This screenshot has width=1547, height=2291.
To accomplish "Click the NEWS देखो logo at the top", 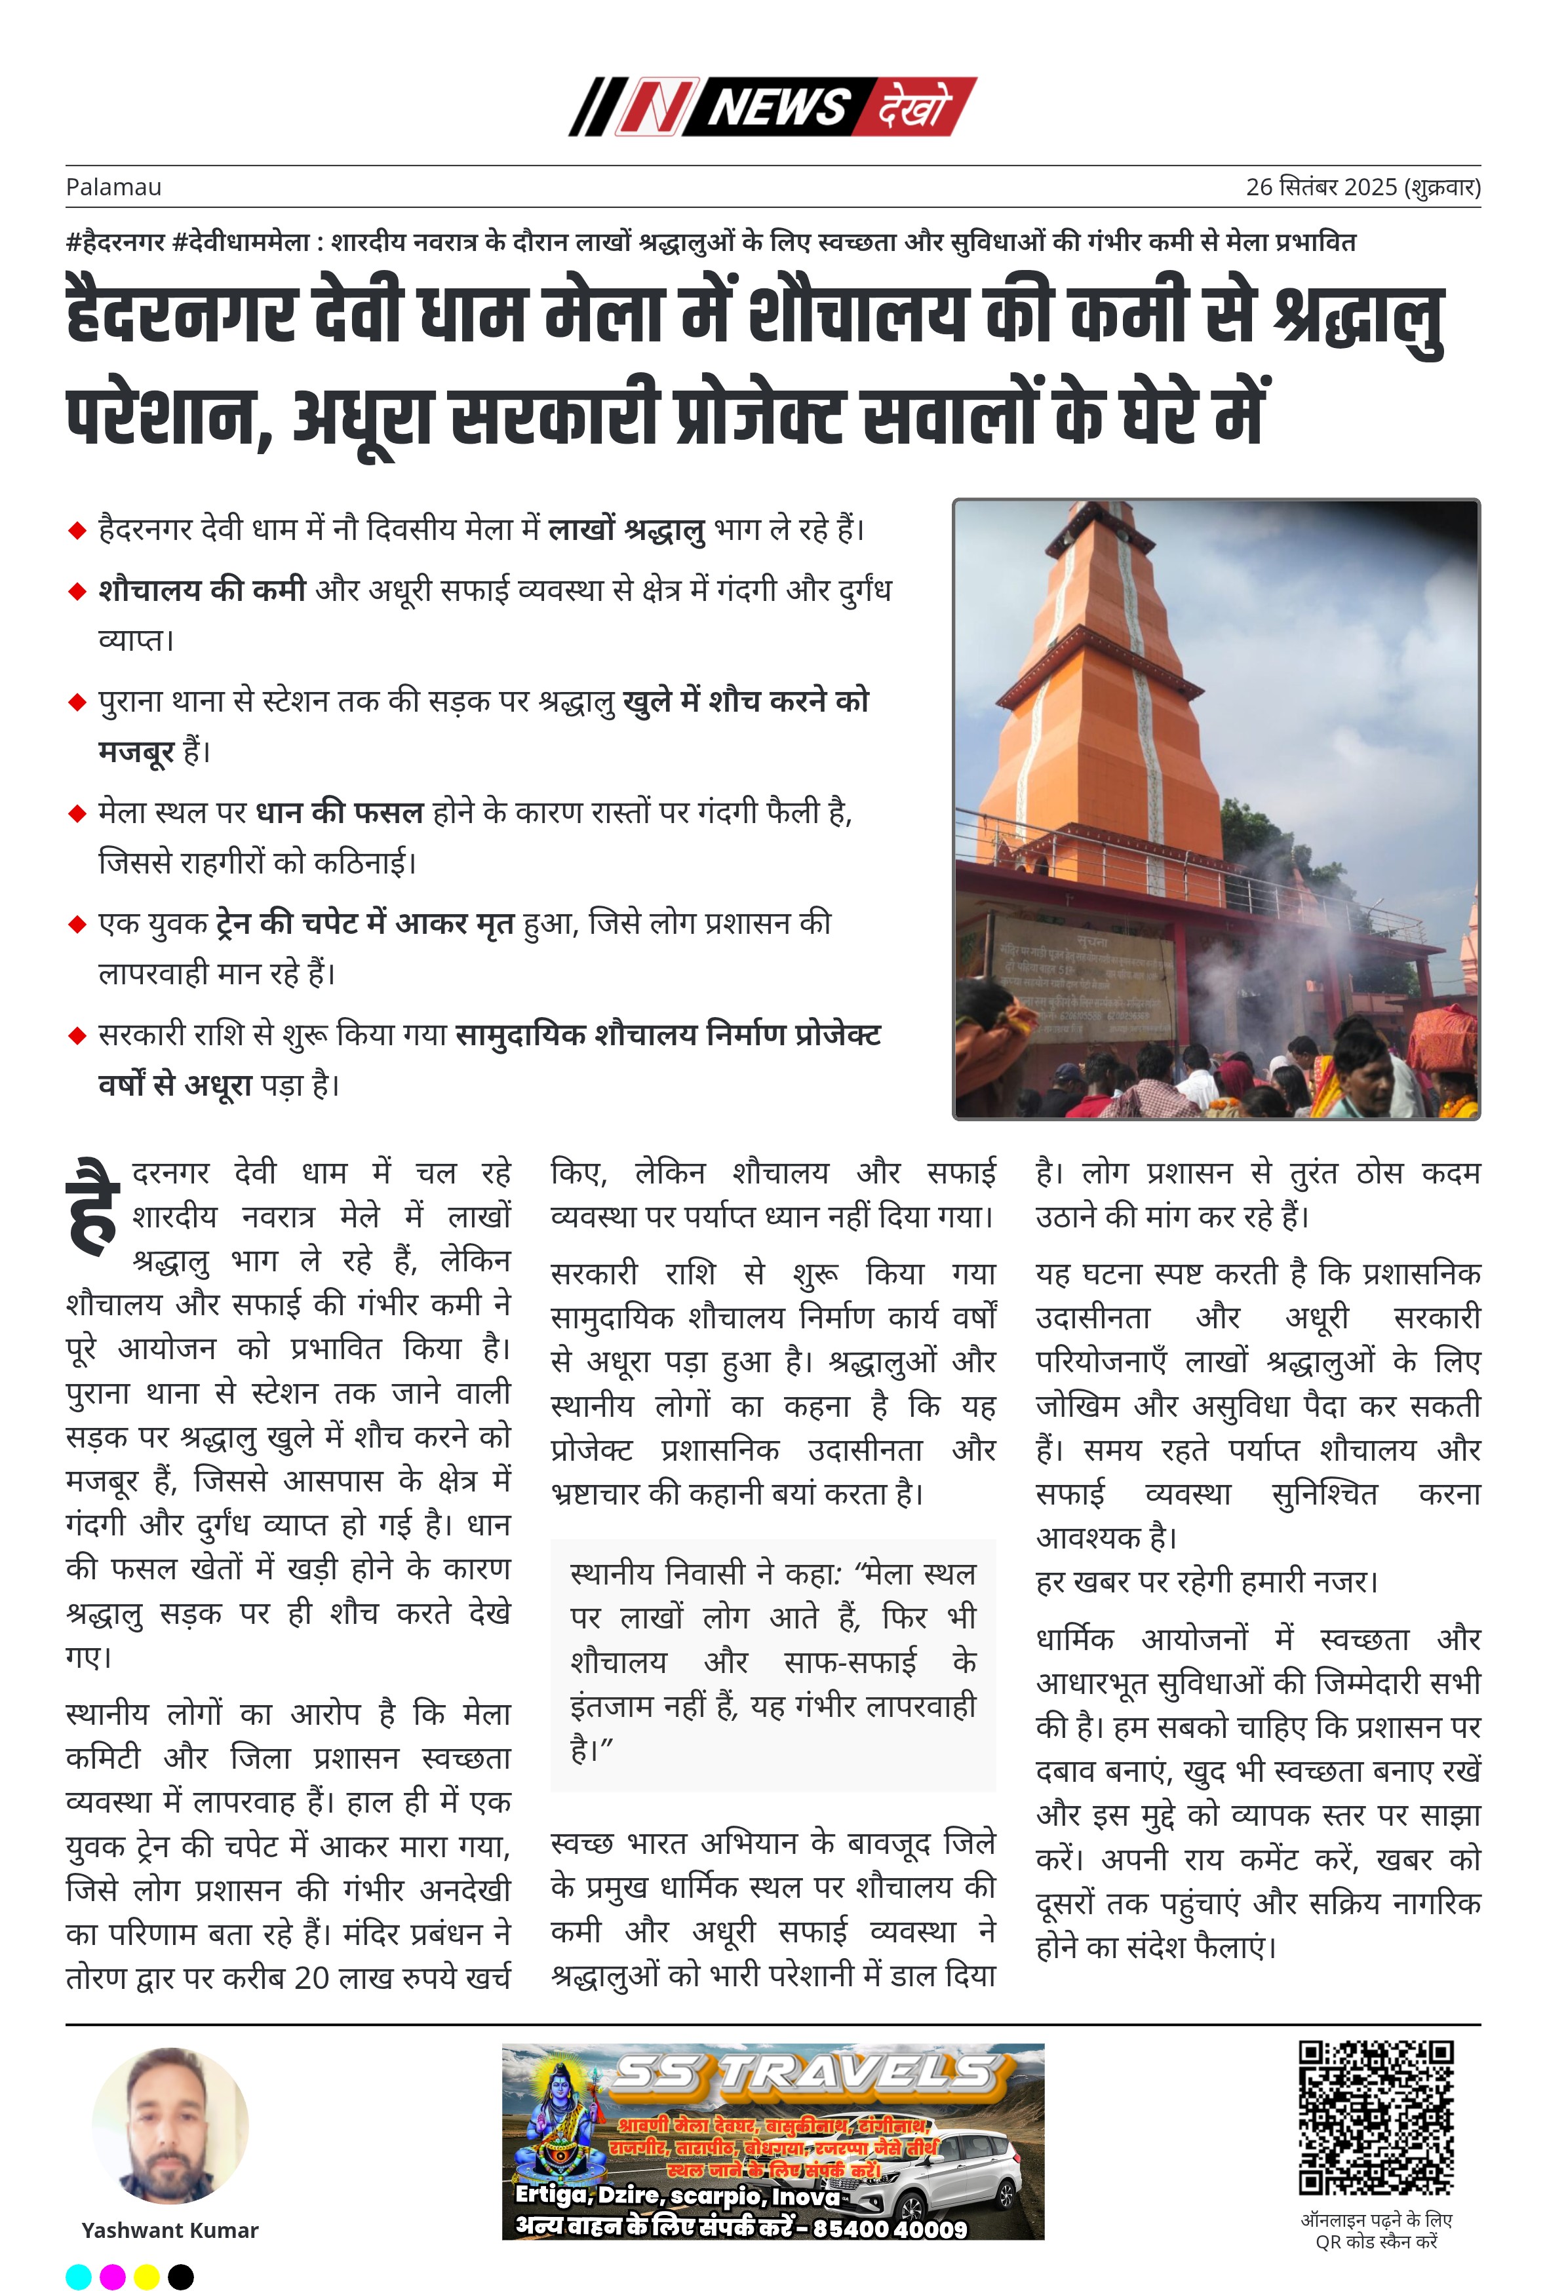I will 773,106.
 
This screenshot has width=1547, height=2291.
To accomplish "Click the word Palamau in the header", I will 113,187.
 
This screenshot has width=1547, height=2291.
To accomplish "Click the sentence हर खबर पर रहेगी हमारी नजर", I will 1206,1581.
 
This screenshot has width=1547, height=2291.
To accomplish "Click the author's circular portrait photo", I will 170,2125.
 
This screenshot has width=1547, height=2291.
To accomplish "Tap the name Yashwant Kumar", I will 170,2230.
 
